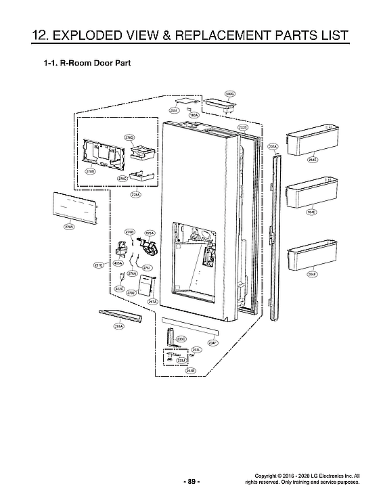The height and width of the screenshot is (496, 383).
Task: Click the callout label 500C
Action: point(229,93)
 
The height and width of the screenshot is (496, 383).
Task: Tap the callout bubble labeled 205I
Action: point(174,110)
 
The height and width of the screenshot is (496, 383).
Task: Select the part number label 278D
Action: point(129,137)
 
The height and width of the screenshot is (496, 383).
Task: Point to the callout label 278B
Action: point(90,172)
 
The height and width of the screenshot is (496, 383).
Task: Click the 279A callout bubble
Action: point(69,227)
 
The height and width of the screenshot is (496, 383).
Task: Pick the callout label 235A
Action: point(273,145)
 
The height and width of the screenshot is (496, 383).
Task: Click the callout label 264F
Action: point(312,274)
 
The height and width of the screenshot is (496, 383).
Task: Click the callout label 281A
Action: point(118,326)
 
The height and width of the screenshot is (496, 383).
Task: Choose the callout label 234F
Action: point(212,343)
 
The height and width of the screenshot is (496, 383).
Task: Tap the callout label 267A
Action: point(152,302)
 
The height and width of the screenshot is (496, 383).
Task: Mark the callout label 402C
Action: point(119,289)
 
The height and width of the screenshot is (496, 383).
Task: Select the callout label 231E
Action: point(99,265)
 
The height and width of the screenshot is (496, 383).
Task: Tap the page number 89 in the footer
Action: point(191,481)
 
